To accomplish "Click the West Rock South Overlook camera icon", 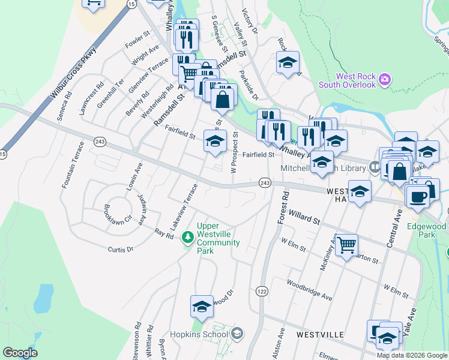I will [x=385, y=78].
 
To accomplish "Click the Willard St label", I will [x=303, y=217].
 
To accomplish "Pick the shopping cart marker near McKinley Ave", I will [x=346, y=244].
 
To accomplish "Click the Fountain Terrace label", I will [x=73, y=165].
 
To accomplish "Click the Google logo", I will [x=20, y=353].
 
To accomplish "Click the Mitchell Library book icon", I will [x=375, y=168].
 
